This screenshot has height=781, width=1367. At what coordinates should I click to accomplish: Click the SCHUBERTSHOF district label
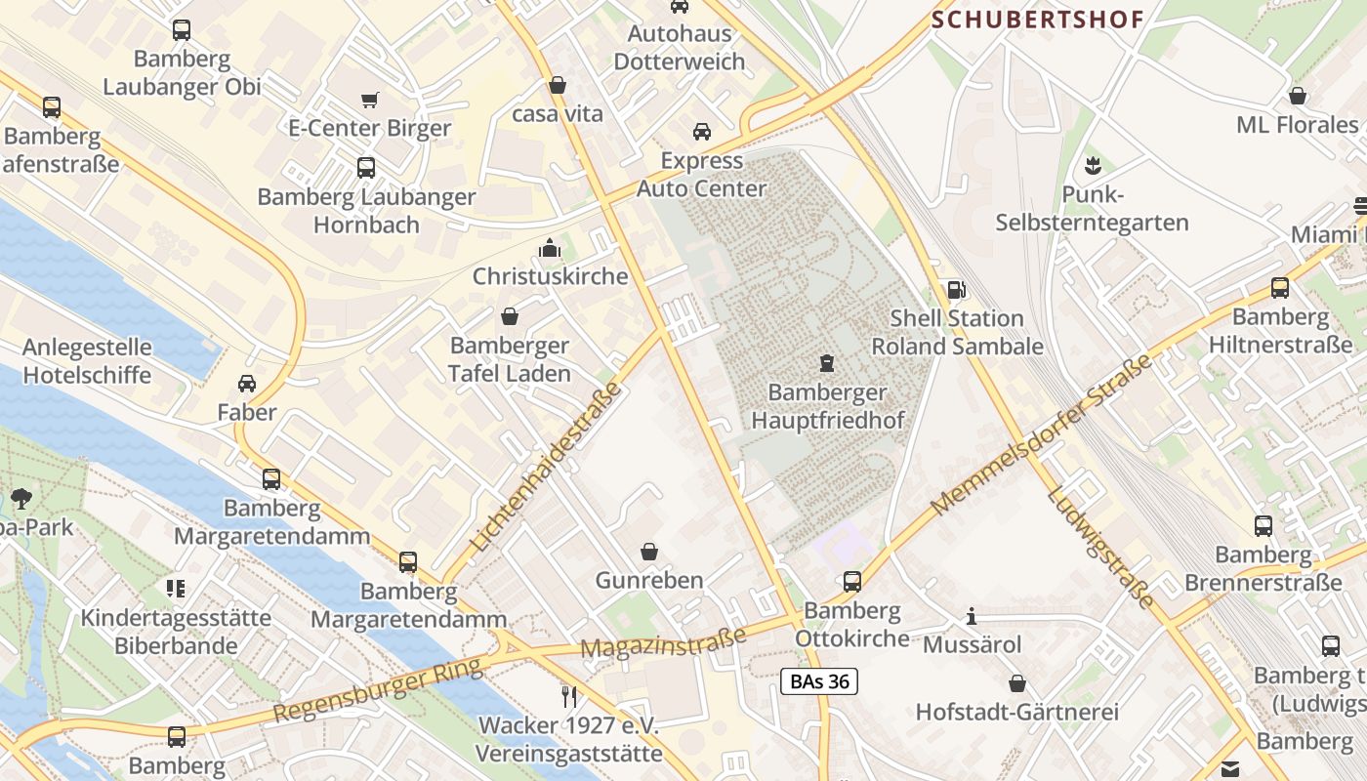click(1037, 19)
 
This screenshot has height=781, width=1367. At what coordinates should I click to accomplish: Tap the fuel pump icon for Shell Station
click(956, 290)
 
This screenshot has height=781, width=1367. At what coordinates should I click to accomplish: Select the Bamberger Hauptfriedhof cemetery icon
click(827, 364)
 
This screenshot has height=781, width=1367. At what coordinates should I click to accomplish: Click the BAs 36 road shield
click(819, 681)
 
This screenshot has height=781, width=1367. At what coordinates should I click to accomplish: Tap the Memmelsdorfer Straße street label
click(1041, 436)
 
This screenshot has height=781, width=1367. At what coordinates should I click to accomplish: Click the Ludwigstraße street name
click(1100, 547)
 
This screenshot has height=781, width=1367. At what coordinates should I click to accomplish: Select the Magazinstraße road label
click(663, 641)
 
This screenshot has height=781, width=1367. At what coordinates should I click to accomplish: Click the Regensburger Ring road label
click(378, 690)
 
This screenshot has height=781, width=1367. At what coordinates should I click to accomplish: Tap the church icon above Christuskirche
click(550, 249)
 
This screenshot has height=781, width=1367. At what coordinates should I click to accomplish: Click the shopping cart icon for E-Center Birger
click(369, 100)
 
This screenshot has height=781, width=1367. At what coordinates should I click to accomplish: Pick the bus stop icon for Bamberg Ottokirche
click(851, 582)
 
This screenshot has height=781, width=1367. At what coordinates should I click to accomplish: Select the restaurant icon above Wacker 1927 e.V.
click(569, 696)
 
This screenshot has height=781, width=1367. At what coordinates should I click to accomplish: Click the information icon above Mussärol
click(971, 617)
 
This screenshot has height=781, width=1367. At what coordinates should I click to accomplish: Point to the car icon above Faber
click(247, 384)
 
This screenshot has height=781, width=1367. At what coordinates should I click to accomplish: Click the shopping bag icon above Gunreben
click(649, 553)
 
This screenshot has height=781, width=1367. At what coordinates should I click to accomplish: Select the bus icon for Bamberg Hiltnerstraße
click(1279, 288)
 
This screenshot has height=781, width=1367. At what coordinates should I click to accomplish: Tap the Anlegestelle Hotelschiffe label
click(87, 361)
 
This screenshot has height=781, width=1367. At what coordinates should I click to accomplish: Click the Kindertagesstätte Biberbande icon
click(176, 589)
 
